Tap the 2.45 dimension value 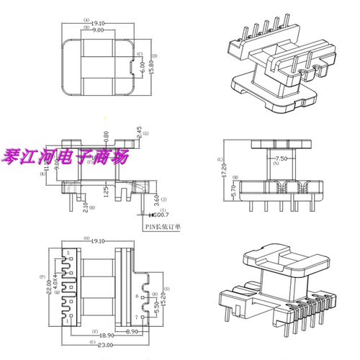pos(137,132)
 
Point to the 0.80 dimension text pos(106,135)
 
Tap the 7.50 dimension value pos(276,158)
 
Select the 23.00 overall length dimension pos(104,348)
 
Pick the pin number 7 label pos(137,318)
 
